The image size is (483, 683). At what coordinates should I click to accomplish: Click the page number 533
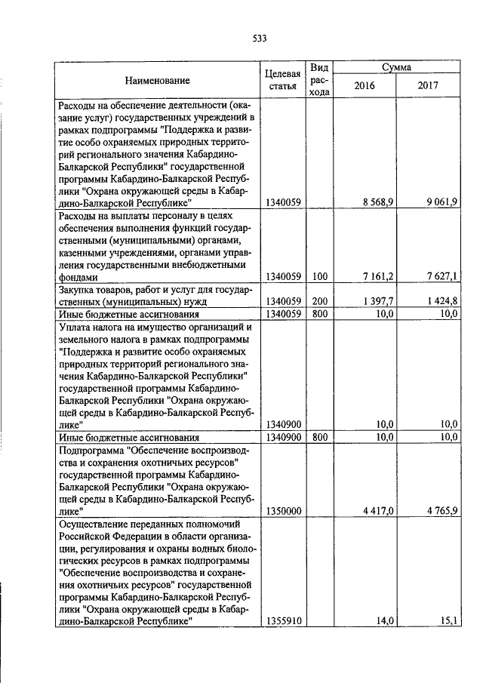[260, 39]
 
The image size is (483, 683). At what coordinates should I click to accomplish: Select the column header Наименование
[157, 80]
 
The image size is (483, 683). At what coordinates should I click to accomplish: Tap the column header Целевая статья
[283, 81]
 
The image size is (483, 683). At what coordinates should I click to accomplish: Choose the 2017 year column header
[428, 85]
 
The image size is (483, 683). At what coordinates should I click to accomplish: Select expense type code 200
[319, 302]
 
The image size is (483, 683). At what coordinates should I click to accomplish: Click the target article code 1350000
[283, 511]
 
